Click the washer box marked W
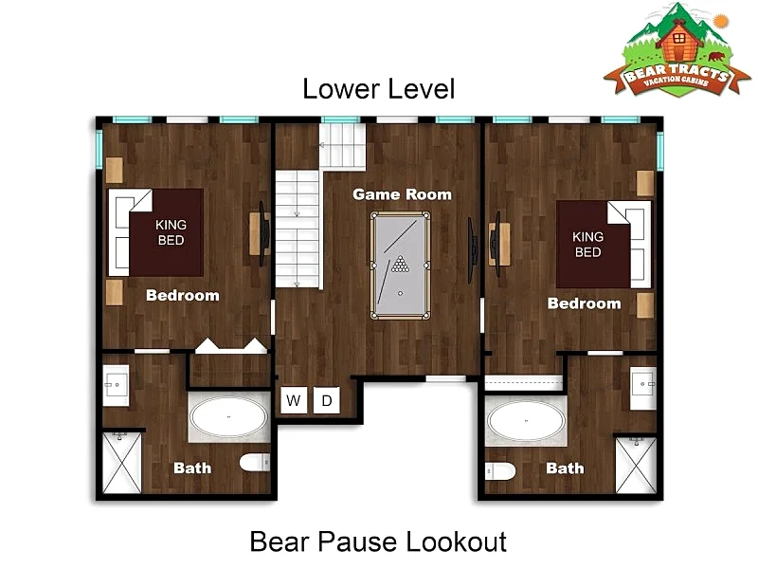[x=294, y=400]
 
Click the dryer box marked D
[x=326, y=400]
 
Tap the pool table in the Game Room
[x=400, y=266]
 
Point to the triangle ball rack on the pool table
[x=400, y=264]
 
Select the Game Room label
[x=402, y=194]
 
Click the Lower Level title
[x=378, y=89]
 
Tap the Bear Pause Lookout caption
[x=378, y=541]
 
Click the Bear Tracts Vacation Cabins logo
[x=677, y=49]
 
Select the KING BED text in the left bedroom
[x=171, y=232]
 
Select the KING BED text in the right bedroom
[x=587, y=245]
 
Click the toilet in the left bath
[x=255, y=463]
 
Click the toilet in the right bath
[x=500, y=470]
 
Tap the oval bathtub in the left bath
[x=228, y=417]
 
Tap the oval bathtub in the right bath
[x=526, y=421]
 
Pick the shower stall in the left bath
[x=122, y=463]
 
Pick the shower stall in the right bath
[x=635, y=466]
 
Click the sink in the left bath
[x=116, y=386]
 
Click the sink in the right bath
[x=643, y=388]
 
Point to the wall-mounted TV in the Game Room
[x=471, y=250]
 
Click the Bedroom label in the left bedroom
[x=183, y=296]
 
